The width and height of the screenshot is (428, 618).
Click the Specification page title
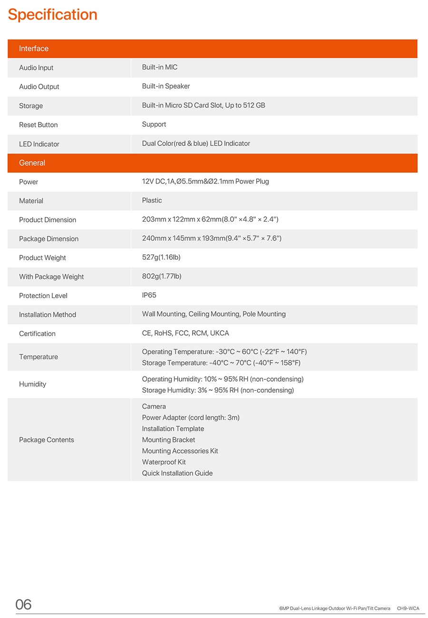tap(52, 15)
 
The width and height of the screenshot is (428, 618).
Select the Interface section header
tap(34, 48)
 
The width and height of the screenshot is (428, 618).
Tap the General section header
tap(32, 163)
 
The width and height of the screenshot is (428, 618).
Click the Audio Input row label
tap(36, 68)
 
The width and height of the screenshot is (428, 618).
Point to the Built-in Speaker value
tap(166, 86)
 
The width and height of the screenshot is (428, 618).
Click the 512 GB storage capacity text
tap(254, 105)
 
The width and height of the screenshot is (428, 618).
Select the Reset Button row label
tap(38, 125)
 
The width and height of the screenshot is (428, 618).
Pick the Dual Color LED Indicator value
tap(196, 143)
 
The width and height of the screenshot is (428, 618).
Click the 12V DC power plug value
tap(205, 181)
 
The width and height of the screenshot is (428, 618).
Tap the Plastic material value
tap(152, 200)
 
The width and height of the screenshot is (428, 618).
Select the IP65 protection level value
tap(149, 295)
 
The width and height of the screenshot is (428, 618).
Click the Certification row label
tap(37, 334)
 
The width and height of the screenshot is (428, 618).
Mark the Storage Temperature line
tap(221, 363)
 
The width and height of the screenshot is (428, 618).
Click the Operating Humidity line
tap(223, 379)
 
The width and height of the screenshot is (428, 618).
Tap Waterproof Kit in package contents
tap(164, 462)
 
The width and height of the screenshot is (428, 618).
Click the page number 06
tap(23, 604)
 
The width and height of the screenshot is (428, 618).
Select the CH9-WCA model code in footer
tap(408, 608)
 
